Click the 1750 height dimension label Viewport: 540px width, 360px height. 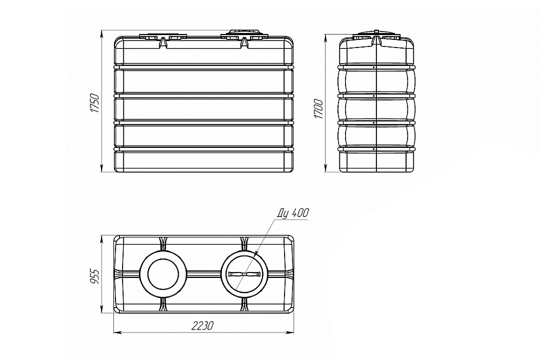(94, 103)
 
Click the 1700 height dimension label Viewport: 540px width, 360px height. (319, 109)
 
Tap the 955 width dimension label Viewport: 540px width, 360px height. (94, 276)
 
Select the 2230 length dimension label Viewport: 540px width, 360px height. (203, 325)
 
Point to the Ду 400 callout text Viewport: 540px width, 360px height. (293, 213)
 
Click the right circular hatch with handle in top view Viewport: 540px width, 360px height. (244, 274)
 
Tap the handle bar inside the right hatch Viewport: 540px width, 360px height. (244, 274)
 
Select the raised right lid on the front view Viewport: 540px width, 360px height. (244, 35)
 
